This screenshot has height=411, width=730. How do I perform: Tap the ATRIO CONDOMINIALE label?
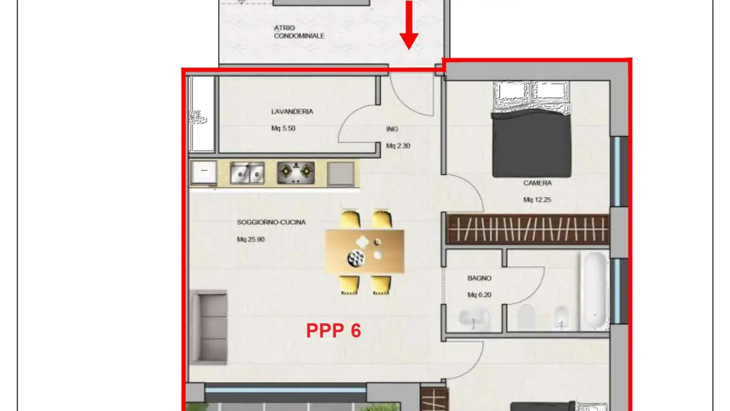(x=299, y=32)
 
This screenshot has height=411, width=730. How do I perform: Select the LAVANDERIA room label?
(x=292, y=112)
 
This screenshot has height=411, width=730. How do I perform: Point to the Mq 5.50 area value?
(x=283, y=128)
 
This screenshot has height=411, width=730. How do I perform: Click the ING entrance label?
(x=392, y=129)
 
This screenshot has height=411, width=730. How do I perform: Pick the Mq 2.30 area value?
(x=398, y=146)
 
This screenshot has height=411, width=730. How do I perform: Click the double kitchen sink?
(x=247, y=173)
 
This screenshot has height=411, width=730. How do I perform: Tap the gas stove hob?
(x=296, y=173)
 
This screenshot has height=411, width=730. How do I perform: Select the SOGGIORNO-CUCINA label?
(x=271, y=222)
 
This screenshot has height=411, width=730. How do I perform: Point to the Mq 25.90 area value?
(x=250, y=239)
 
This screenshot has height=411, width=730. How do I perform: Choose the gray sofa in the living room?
(x=208, y=327)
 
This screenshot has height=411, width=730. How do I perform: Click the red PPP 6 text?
(x=334, y=331)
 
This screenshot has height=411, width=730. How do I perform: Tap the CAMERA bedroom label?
(x=537, y=183)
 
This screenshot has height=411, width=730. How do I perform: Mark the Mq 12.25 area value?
(x=537, y=200)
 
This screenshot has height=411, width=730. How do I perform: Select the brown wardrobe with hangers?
(x=528, y=229)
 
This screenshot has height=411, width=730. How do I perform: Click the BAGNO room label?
(x=479, y=278)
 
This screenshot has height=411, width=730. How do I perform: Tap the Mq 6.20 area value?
(x=479, y=295)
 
